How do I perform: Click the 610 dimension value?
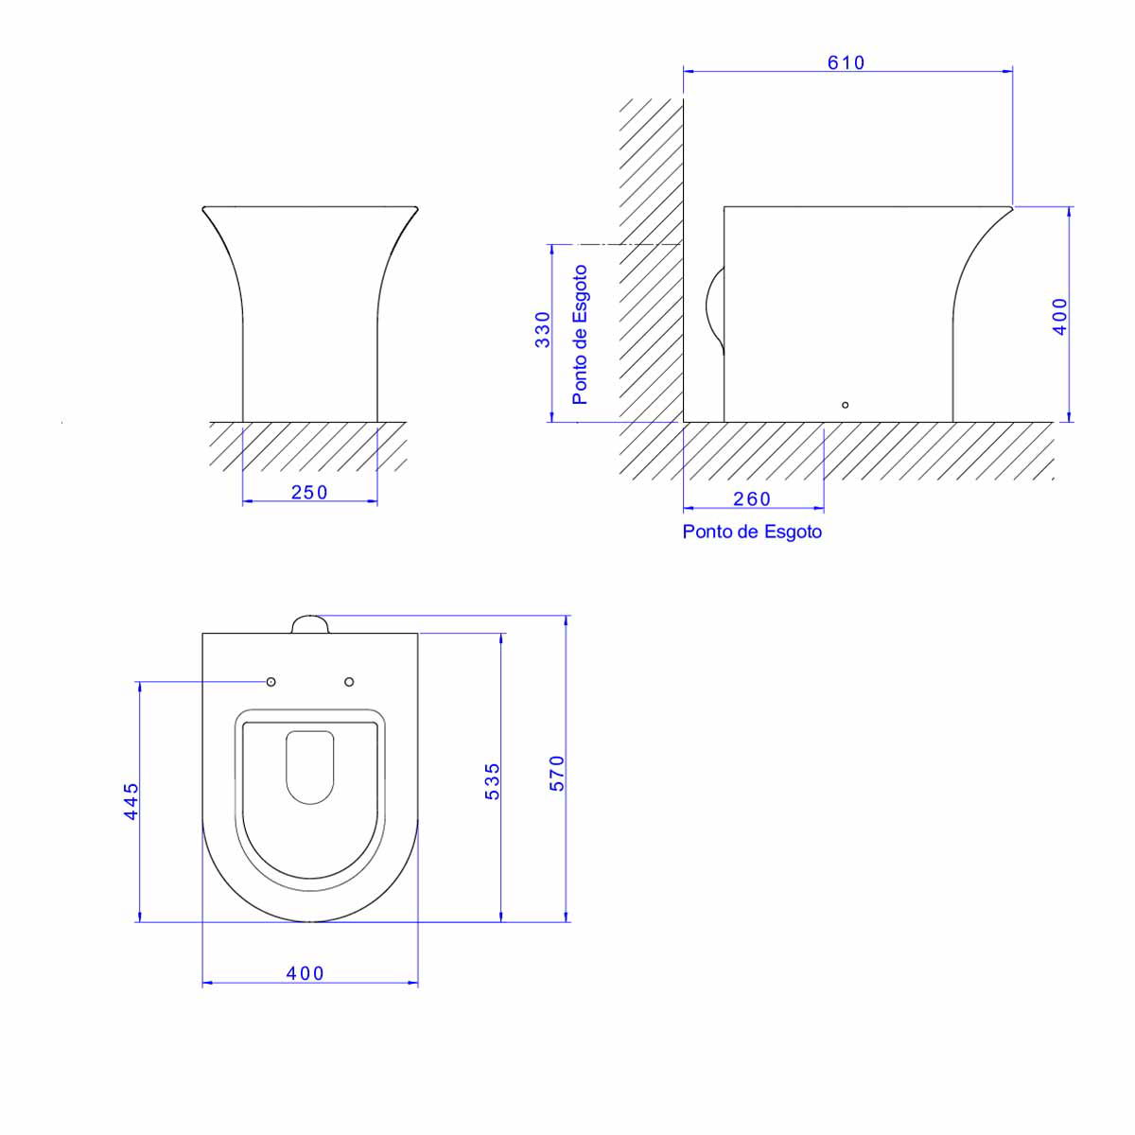point(846,62)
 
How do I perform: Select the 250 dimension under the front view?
point(309,492)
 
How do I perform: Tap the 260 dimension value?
point(752,498)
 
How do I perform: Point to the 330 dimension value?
point(543,330)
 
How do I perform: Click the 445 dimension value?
point(131,801)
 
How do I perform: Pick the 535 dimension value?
point(493,781)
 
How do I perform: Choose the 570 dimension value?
point(557,774)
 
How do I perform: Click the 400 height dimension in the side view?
point(1060,317)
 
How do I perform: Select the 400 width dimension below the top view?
point(306,973)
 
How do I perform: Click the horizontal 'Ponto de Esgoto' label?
point(752,532)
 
